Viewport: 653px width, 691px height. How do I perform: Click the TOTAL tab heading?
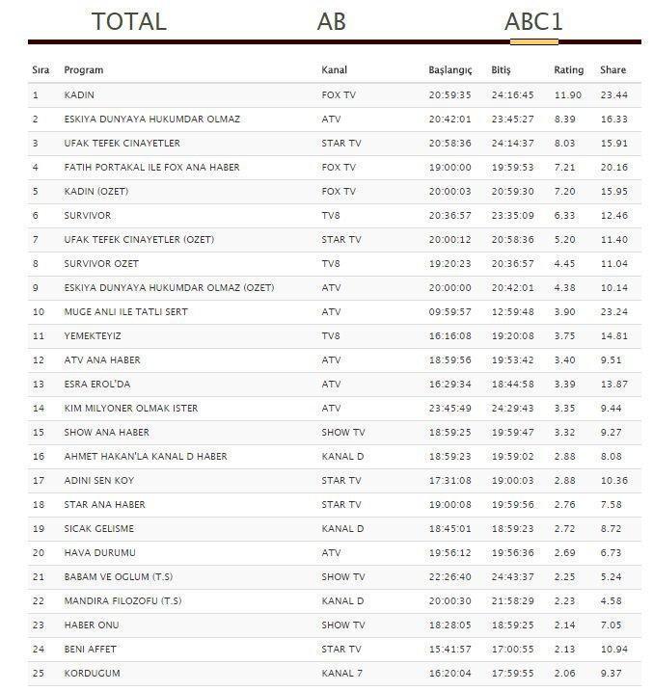(x=128, y=21)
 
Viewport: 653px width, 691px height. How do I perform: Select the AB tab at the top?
(x=331, y=21)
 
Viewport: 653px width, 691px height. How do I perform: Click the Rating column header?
(x=568, y=70)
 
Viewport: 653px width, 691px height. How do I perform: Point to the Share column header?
(x=612, y=70)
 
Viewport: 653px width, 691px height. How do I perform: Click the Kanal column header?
(x=334, y=70)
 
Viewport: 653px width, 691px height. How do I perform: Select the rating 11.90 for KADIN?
(x=567, y=95)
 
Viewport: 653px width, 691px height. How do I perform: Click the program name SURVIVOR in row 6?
(x=87, y=216)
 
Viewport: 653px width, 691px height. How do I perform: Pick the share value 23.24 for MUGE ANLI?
(x=612, y=312)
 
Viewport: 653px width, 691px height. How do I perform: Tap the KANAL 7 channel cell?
(x=342, y=674)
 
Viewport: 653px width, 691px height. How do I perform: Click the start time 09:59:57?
(x=449, y=312)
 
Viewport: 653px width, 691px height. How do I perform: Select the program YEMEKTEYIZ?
(x=93, y=336)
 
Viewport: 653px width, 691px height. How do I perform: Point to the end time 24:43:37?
(x=513, y=577)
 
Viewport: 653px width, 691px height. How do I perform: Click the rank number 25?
(x=38, y=674)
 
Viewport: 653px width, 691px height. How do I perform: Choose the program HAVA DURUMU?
(x=99, y=553)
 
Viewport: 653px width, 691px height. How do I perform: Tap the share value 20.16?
(x=612, y=168)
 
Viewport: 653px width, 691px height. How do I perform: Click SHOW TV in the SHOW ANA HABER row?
(x=342, y=433)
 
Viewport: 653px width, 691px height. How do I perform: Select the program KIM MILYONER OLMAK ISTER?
(x=130, y=409)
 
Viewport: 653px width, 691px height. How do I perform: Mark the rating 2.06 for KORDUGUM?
(x=567, y=674)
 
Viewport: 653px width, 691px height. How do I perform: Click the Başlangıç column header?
(x=450, y=70)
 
